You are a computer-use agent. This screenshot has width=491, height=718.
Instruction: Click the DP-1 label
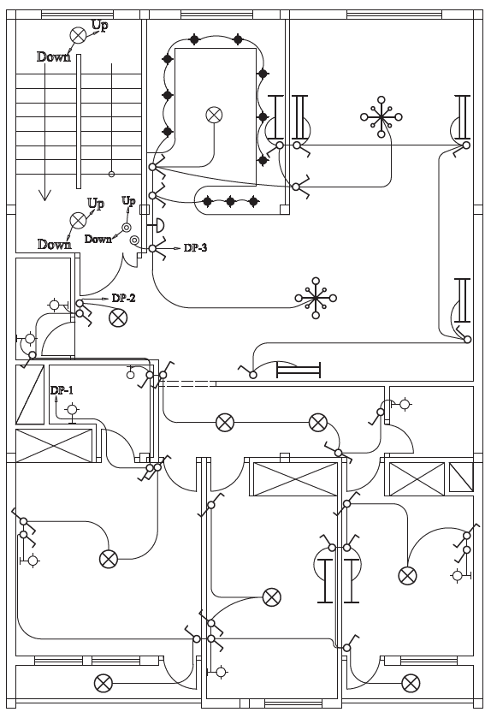click(62, 390)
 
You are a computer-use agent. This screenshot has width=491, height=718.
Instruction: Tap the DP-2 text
click(123, 298)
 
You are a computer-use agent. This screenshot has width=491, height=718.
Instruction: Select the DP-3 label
click(195, 247)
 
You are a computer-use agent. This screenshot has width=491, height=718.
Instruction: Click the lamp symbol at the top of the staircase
click(78, 35)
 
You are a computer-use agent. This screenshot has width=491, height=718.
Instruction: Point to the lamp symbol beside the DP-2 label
click(118, 317)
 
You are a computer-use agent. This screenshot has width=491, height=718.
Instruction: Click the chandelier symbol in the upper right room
click(382, 116)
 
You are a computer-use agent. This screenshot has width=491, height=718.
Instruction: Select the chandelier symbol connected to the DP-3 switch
click(316, 298)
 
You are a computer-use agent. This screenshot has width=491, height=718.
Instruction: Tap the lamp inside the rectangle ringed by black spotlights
click(214, 115)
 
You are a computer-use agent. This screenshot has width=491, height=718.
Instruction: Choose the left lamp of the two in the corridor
click(225, 423)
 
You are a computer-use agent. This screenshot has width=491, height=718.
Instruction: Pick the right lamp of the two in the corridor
click(318, 423)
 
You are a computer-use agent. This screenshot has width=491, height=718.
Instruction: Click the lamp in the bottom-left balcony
click(104, 684)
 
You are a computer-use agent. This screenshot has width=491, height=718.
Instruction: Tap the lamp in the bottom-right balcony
click(411, 684)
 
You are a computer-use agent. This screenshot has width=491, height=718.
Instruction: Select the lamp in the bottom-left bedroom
click(109, 559)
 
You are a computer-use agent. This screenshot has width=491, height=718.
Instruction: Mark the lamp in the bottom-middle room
click(272, 597)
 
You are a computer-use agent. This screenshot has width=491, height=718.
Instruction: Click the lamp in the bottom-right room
click(407, 576)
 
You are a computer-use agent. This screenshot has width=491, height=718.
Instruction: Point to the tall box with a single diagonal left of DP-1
click(30, 395)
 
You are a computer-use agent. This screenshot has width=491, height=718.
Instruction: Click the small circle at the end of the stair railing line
click(111, 174)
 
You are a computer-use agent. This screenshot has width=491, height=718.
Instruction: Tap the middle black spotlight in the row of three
click(231, 201)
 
